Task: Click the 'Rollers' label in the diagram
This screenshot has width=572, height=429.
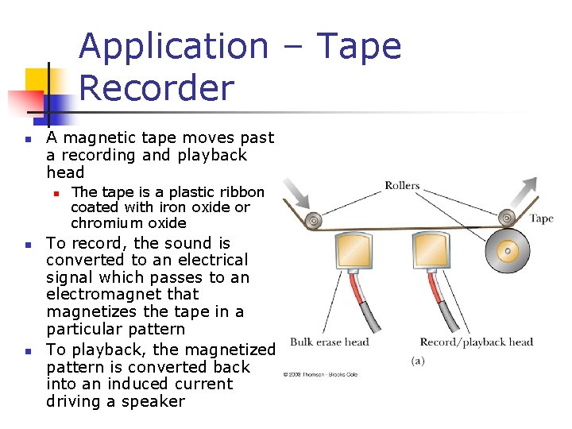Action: coord(402,186)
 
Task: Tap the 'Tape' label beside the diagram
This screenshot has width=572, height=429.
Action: coord(541,218)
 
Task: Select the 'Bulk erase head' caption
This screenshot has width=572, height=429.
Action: coord(329,342)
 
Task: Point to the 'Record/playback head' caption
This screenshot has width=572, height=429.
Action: coord(476,342)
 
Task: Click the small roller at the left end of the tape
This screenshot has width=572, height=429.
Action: coord(315,219)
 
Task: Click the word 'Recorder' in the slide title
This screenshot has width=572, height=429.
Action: coord(157,88)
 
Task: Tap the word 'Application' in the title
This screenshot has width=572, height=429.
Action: coord(173,46)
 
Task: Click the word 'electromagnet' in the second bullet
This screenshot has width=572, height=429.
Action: coord(99,295)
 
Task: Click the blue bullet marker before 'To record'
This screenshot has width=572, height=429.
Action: coord(27,244)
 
